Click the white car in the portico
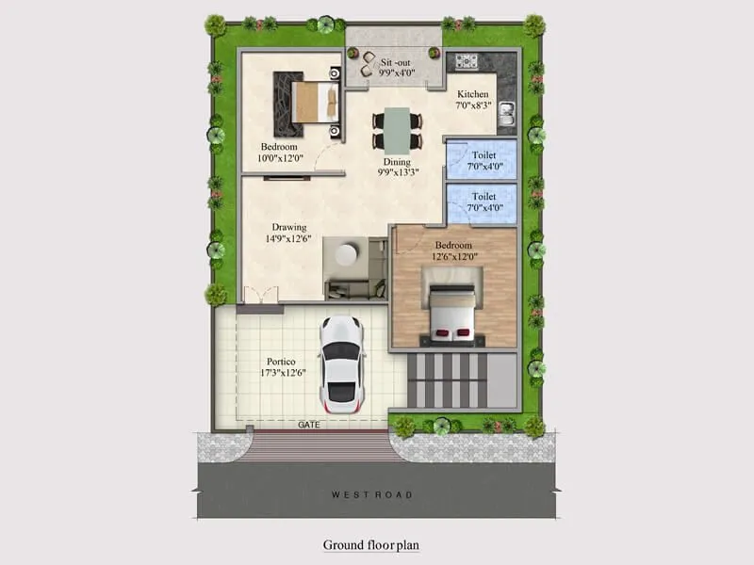[x=340, y=364]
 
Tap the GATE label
[x=309, y=425]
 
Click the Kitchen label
[x=472, y=94]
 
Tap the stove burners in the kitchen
[x=467, y=62]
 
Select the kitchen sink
[x=506, y=114]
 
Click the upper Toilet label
[x=484, y=155]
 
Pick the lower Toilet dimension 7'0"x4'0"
[x=484, y=208]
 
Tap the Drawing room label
[x=289, y=227]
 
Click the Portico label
[x=281, y=361]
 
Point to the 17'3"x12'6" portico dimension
[x=281, y=373]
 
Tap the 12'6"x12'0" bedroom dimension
[x=455, y=256]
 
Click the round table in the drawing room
[x=347, y=255]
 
